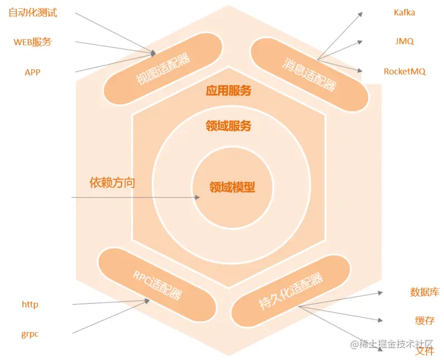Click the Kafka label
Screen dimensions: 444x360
(x=404, y=12)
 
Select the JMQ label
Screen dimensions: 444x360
(x=404, y=41)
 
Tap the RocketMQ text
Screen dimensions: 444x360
(x=404, y=71)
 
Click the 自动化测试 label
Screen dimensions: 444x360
(x=33, y=13)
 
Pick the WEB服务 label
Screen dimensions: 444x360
(x=32, y=42)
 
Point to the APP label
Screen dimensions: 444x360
(x=32, y=72)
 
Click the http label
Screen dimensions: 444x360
(x=30, y=304)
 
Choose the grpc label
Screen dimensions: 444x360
(x=30, y=334)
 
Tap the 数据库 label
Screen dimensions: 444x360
(x=424, y=291)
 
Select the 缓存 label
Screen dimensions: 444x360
(x=424, y=320)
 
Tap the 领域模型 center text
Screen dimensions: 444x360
(x=232, y=188)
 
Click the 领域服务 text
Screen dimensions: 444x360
(x=228, y=126)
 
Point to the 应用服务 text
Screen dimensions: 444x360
(x=228, y=90)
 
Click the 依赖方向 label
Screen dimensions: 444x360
(x=112, y=183)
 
